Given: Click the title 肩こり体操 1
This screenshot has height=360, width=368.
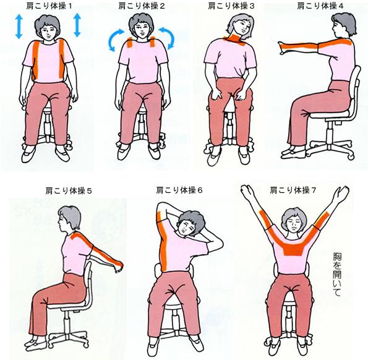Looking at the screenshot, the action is click(49, 6).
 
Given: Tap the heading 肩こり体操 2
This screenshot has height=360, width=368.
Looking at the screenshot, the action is click(141, 6).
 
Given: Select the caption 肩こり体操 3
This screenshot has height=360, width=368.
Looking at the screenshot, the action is click(231, 6).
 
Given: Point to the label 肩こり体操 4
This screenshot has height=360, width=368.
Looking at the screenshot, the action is click(320, 6).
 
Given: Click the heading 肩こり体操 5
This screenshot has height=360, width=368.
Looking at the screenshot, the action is click(68, 191).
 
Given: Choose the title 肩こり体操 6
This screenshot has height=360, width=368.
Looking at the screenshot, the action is click(179, 191).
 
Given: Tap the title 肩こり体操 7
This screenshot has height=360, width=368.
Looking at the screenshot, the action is click(293, 191).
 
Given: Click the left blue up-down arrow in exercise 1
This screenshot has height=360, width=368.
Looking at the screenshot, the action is click(19, 26).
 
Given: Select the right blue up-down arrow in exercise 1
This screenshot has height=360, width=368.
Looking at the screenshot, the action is click(77, 25).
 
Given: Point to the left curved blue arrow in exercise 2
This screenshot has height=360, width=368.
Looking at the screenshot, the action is click(115, 40).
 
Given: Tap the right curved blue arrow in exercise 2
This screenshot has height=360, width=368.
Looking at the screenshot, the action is click(168, 38).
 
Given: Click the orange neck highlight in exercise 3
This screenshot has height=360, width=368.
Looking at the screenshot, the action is click(236, 40).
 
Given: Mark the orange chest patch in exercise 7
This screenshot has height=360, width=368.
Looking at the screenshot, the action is click(293, 250).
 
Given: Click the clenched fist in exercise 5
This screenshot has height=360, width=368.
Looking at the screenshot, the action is click(119, 267).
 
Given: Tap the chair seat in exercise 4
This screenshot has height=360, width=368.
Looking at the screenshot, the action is click(329, 115).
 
